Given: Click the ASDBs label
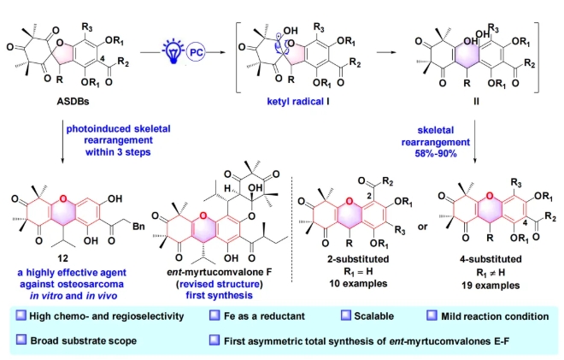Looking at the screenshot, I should click(61, 109).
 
